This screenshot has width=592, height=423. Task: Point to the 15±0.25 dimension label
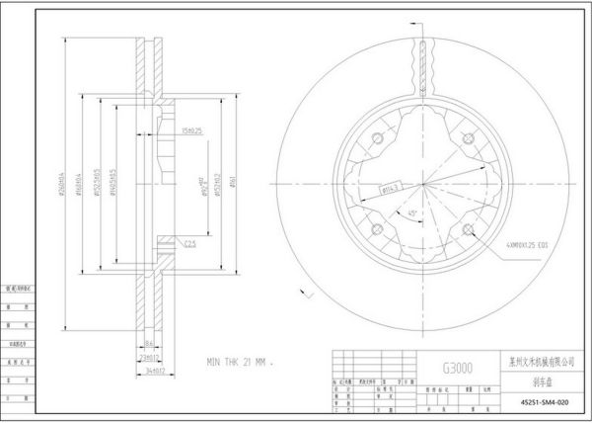pos(191,130)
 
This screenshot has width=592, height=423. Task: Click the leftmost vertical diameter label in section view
pos(62,184)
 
